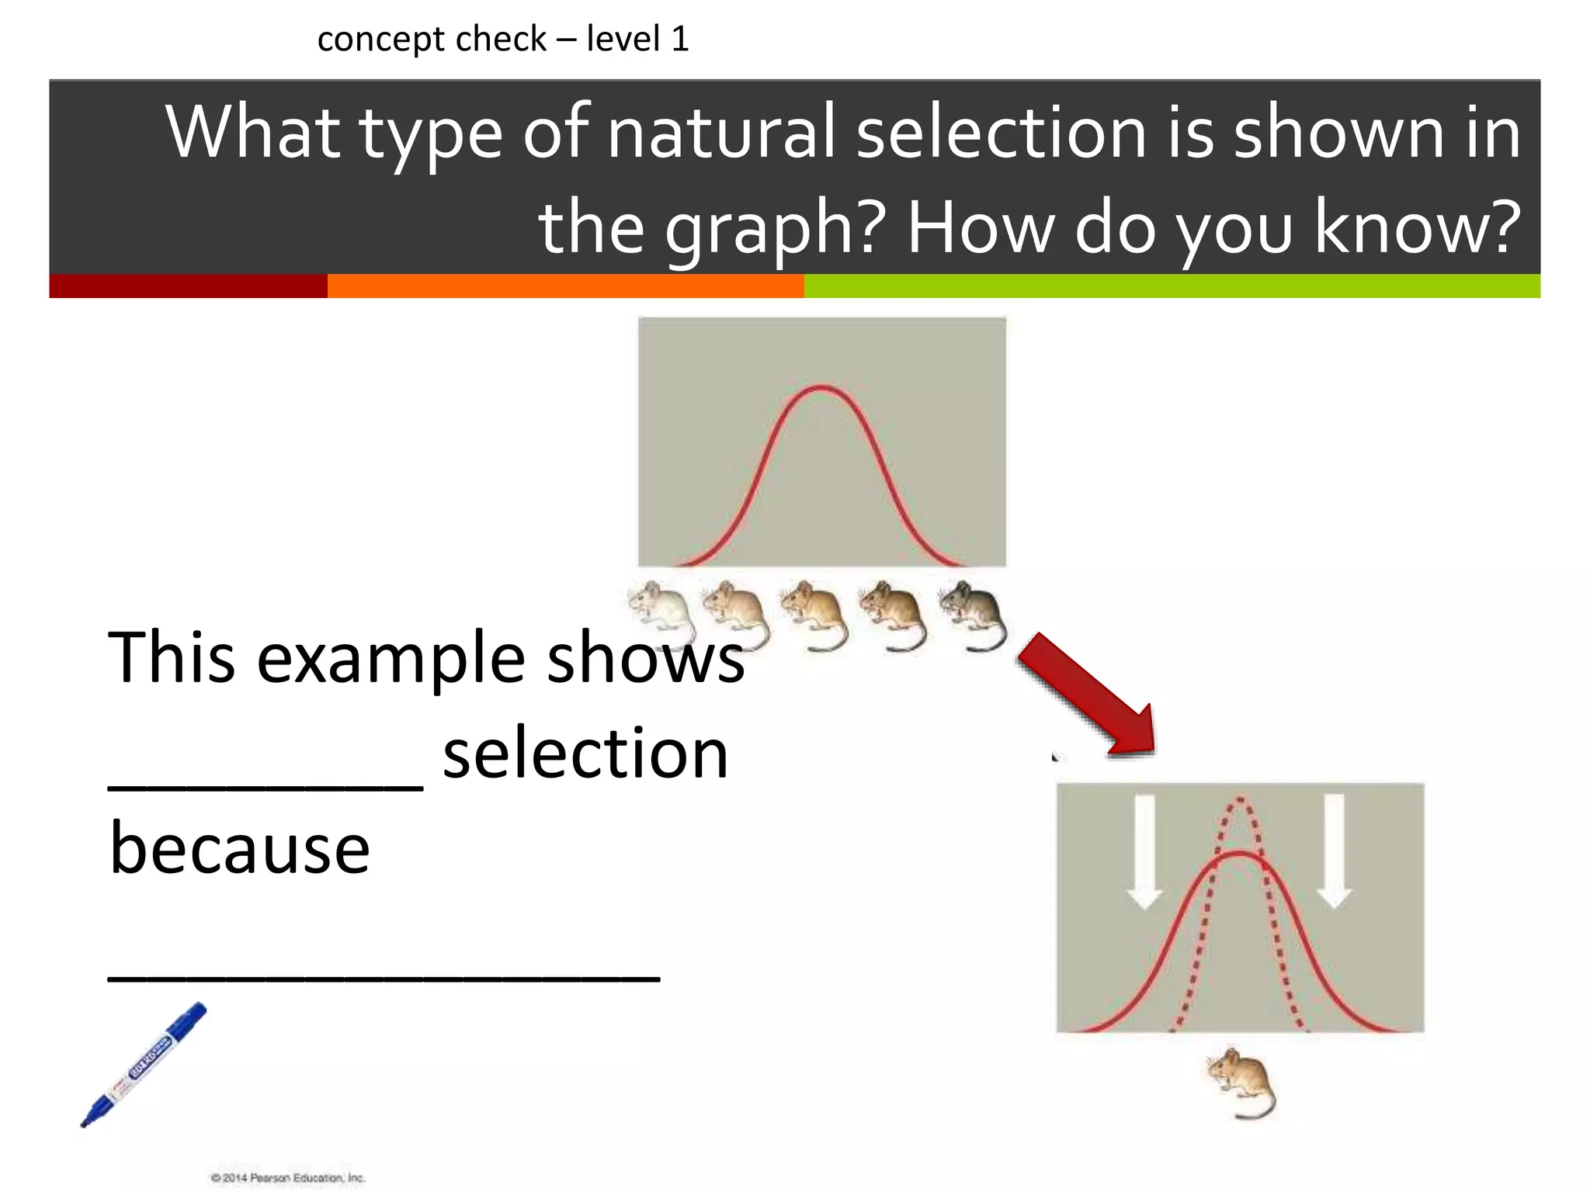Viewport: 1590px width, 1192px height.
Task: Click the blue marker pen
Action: coord(144,1064)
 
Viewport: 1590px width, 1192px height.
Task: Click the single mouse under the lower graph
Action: coord(1241,1083)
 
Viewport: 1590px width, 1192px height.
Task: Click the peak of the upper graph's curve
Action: coord(821,387)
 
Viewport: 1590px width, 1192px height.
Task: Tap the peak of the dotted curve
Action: coord(1240,799)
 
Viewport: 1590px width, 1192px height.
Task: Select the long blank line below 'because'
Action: coord(384,979)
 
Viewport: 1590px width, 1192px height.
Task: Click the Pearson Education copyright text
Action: coord(288,1177)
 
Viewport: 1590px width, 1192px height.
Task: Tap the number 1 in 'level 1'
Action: coord(680,39)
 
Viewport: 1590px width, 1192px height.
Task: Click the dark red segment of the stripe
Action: coord(188,286)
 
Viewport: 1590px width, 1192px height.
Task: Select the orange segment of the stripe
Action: coord(565,286)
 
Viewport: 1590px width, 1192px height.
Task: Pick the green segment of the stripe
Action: coord(1172,286)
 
